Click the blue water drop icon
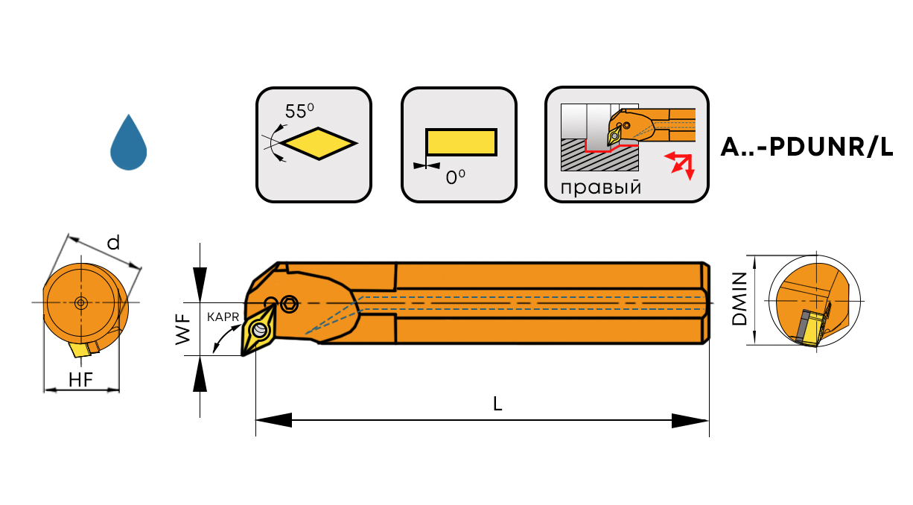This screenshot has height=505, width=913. tap(128, 144)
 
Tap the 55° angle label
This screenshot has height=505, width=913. tap(300, 112)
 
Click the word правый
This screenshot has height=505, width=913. tap(601, 187)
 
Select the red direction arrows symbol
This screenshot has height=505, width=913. tap(679, 163)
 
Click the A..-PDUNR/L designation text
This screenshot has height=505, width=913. tap(807, 147)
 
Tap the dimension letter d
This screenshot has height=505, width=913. tap(113, 243)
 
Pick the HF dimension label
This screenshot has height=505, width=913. tap(80, 379)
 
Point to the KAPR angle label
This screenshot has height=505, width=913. tap(223, 317)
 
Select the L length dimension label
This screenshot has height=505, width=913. tap(497, 404)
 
